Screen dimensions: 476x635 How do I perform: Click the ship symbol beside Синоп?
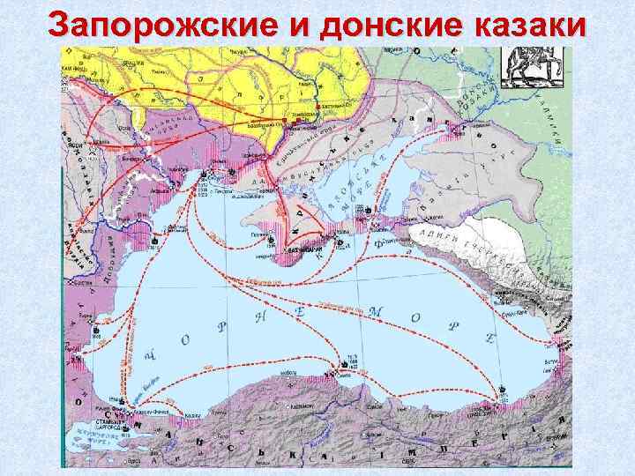click(x=343, y=363)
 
